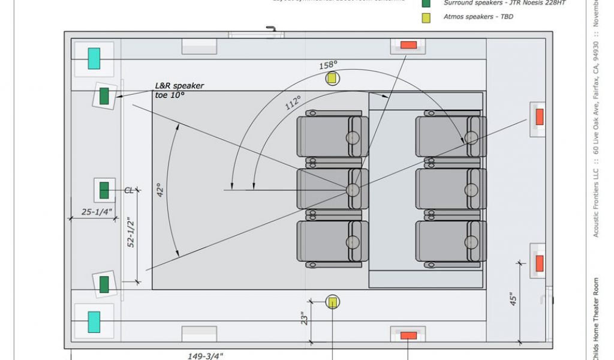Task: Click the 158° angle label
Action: (x=328, y=65)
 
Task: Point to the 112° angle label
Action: (x=293, y=103)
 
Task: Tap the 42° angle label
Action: (x=160, y=190)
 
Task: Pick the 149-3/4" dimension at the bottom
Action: (x=206, y=356)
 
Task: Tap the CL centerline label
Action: (x=129, y=190)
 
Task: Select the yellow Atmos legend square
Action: (x=426, y=17)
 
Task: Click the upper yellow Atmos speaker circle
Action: (x=332, y=78)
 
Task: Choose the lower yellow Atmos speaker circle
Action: (x=332, y=302)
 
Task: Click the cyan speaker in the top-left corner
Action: (x=94, y=58)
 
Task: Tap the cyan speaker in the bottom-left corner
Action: (x=94, y=322)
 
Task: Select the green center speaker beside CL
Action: (x=104, y=190)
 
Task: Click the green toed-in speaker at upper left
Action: (x=104, y=95)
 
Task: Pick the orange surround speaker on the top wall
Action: (x=408, y=45)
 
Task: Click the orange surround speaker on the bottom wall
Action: (x=408, y=335)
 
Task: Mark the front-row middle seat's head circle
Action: (x=353, y=190)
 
